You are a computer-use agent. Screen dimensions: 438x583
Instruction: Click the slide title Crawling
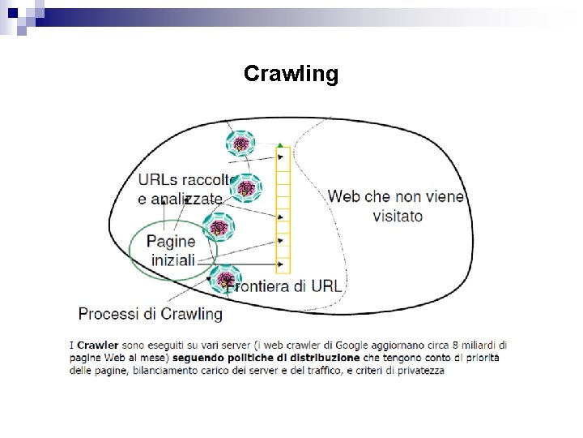tap(291, 75)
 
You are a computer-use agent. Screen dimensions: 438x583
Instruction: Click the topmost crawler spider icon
tap(240, 144)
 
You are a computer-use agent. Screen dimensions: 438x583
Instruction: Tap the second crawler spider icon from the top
tap(246, 188)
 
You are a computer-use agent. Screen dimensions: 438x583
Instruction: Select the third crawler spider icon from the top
tap(219, 228)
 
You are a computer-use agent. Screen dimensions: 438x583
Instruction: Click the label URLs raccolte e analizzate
tap(183, 188)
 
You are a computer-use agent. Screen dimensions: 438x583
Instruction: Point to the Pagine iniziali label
tap(172, 250)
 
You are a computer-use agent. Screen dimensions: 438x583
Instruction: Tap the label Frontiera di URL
tap(285, 286)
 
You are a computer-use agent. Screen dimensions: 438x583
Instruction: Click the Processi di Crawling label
tap(150, 313)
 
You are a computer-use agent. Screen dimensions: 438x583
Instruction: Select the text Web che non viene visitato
tap(396, 206)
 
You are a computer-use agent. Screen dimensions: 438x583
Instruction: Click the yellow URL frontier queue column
tap(283, 211)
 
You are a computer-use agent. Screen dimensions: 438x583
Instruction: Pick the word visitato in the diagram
tap(398, 217)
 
